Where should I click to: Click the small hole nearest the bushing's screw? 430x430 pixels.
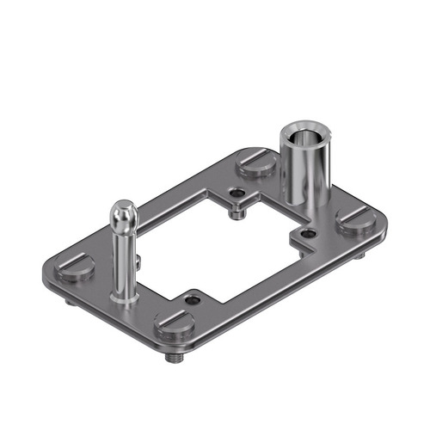[235, 194]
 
